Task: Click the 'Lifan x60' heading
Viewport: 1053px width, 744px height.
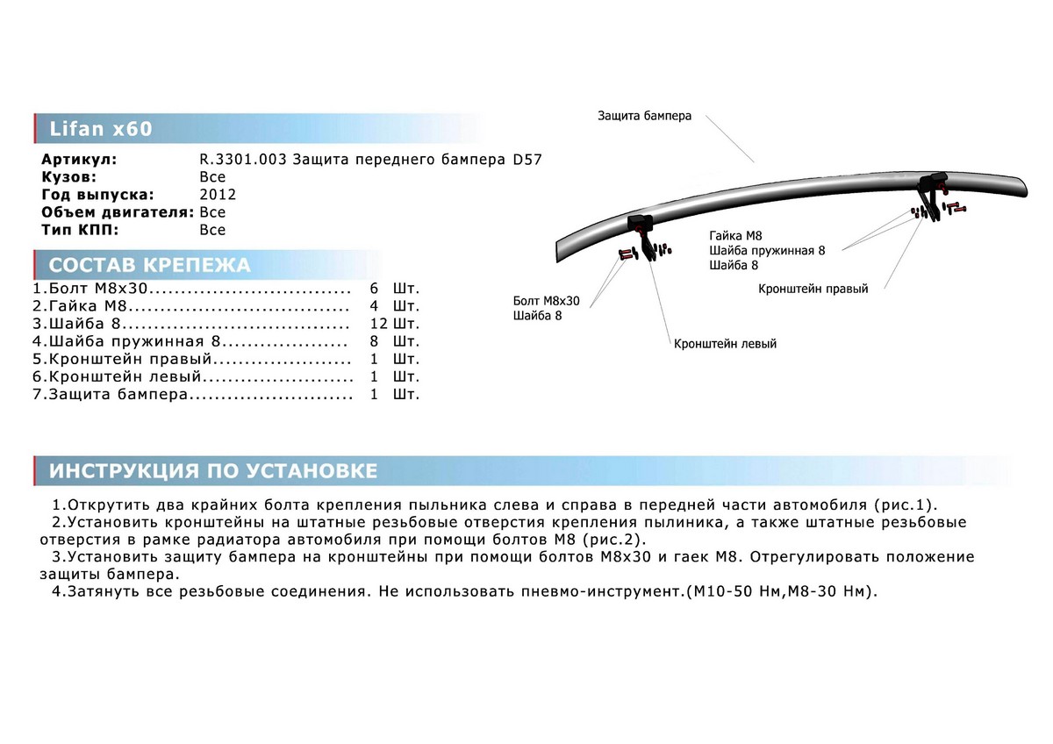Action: coord(101,130)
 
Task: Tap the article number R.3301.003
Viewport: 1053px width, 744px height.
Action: coord(243,161)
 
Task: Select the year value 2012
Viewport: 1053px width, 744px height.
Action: coord(218,195)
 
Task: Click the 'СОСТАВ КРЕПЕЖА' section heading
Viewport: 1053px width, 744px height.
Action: coord(149,266)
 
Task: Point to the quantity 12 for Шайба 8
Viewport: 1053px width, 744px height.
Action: coord(379,323)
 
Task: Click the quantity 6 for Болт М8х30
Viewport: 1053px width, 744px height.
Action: coord(375,288)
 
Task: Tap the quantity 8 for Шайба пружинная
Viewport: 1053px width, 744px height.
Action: coord(375,341)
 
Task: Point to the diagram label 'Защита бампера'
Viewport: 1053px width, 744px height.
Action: coord(644,116)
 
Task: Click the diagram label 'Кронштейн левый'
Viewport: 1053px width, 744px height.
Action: coord(725,344)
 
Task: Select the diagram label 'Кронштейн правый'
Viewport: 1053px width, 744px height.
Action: coord(813,289)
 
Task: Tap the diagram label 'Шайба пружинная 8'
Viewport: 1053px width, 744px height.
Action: coord(767,250)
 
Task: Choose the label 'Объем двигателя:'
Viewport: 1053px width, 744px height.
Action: coord(118,212)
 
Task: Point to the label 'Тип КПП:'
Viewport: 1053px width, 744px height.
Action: coord(79,230)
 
